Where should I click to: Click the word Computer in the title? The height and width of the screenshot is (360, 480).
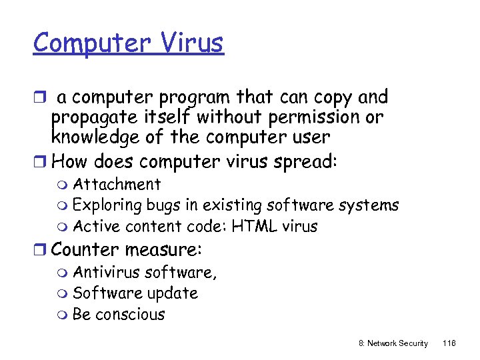pos(89,43)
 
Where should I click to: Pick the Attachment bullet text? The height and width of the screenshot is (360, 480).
pos(117,184)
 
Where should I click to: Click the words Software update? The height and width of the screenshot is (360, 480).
pos(135,293)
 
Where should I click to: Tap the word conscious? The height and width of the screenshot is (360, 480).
pos(130,314)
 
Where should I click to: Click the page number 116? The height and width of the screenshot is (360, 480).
pos(449,343)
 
